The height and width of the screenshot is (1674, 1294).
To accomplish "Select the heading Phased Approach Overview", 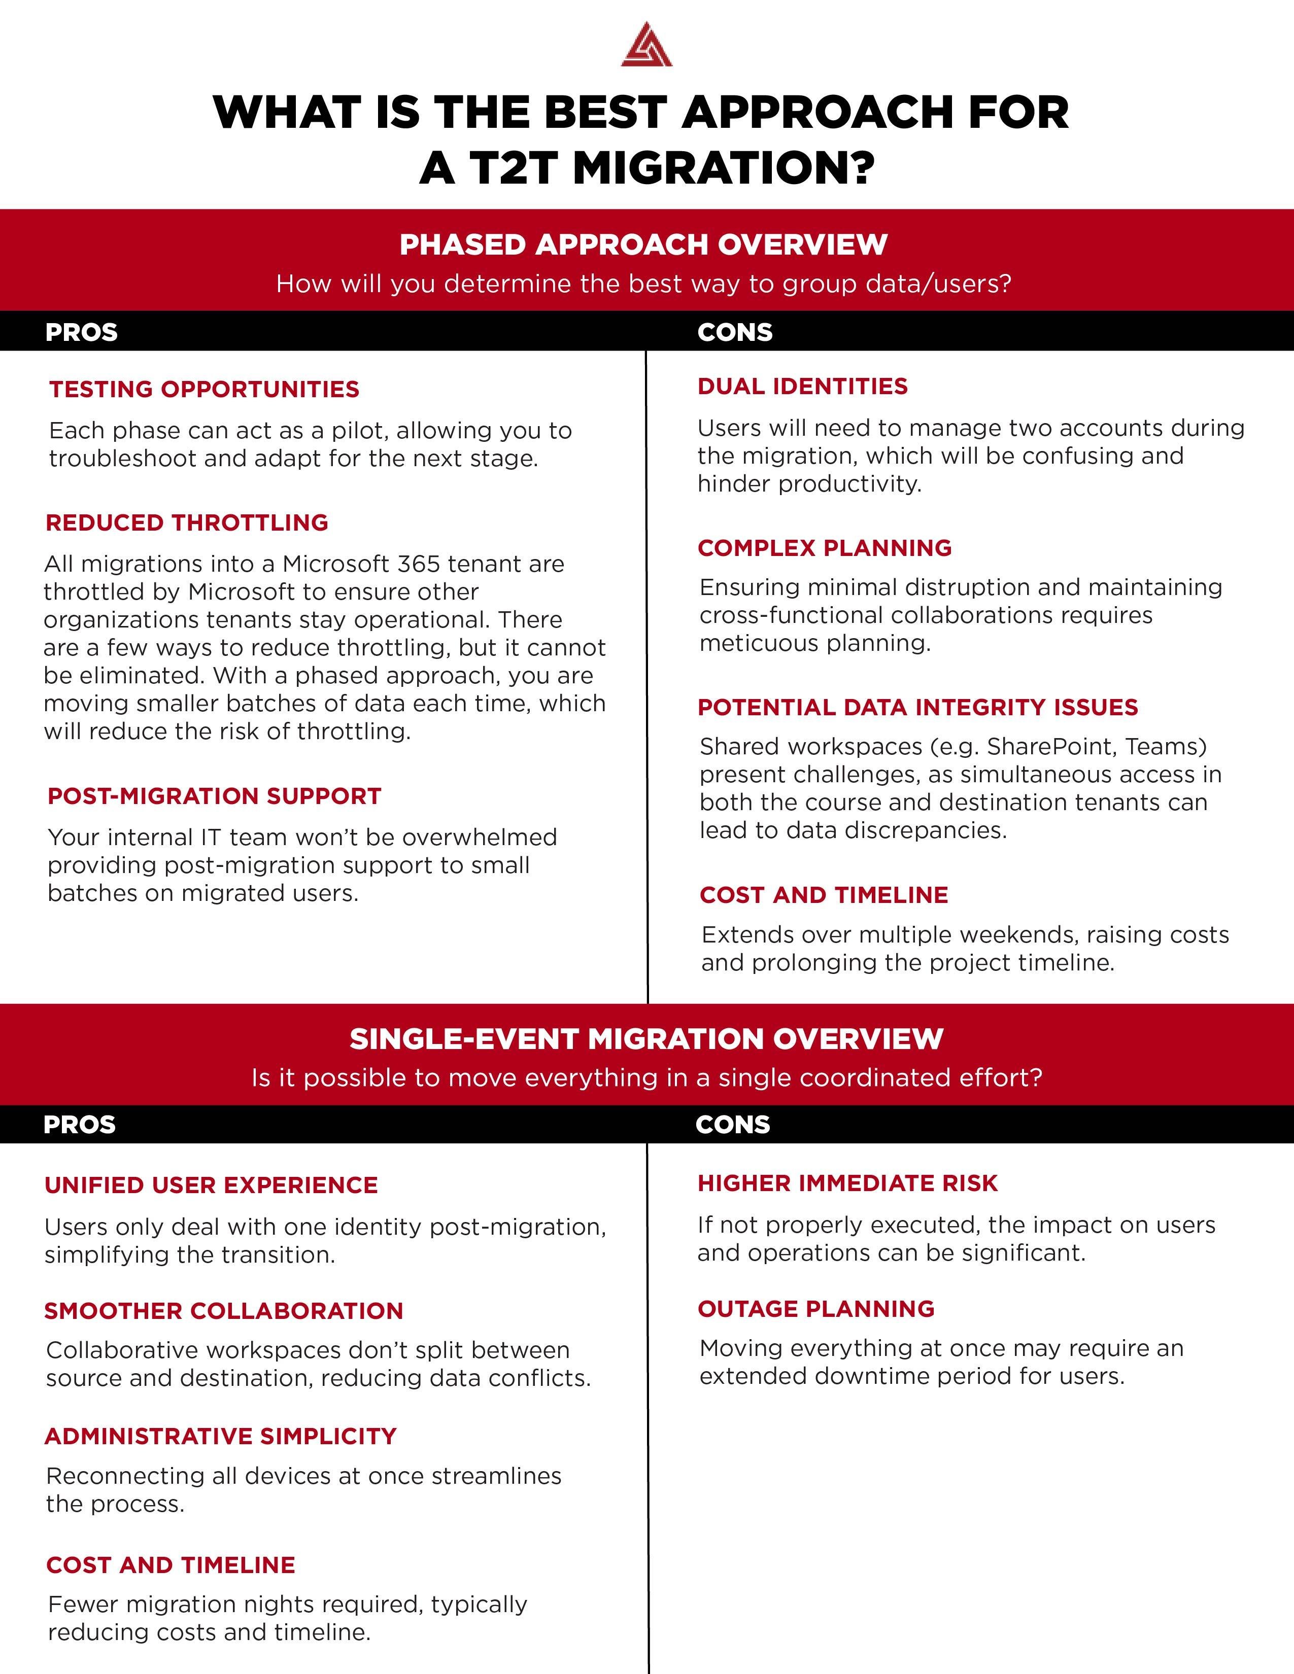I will point(643,245).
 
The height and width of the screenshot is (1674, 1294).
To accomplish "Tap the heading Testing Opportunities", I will point(204,390).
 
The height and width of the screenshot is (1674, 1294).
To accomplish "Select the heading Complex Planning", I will point(824,548).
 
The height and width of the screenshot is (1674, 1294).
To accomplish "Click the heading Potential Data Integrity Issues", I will point(917,708).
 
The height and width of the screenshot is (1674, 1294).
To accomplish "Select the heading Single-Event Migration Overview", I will point(646,1039).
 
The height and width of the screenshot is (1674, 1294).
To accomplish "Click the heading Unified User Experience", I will point(211,1186).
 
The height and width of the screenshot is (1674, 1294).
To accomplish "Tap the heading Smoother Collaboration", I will point(223,1311).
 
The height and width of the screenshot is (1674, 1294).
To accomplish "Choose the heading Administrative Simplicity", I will point(220,1437).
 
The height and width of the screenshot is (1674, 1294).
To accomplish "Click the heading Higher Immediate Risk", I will point(847,1183).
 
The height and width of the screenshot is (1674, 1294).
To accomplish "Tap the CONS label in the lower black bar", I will point(732,1125).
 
